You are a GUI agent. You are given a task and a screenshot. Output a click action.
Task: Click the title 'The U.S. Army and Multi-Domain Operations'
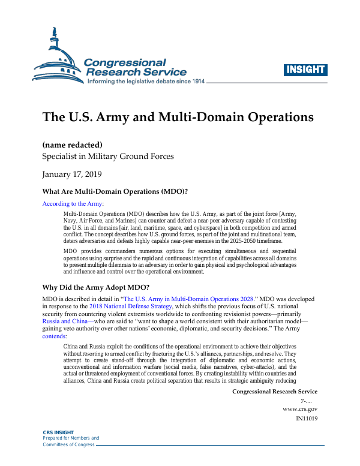pos(178,116)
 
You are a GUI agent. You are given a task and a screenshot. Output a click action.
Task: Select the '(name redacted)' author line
pos(73,145)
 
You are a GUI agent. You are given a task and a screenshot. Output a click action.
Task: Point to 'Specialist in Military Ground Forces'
pos(108,157)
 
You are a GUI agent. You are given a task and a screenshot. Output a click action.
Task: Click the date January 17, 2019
pos(72,175)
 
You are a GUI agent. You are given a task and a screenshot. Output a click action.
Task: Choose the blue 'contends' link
pos(55,336)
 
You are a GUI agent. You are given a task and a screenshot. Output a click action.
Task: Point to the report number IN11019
pos(307,418)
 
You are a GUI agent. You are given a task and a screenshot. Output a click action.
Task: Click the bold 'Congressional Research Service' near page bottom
pos(274,391)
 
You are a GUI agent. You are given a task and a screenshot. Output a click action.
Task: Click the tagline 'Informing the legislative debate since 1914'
pos(146,81)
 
